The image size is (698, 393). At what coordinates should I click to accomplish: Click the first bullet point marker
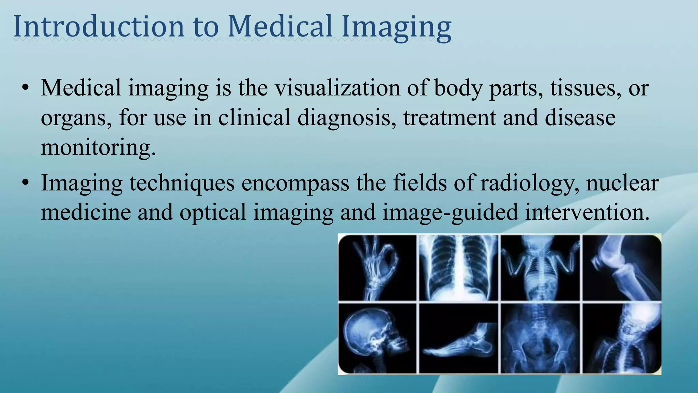(25, 88)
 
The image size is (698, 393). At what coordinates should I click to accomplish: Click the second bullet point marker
(25, 183)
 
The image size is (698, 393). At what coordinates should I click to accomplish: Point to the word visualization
(337, 88)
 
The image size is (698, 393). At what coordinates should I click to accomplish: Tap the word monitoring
(98, 147)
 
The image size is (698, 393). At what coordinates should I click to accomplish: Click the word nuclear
(622, 183)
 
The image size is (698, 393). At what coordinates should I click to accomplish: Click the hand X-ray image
(377, 268)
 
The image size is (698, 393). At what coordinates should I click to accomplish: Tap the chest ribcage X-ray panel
(458, 268)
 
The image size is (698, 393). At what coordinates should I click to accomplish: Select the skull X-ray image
(377, 339)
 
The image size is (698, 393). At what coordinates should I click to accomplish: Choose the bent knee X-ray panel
(622, 268)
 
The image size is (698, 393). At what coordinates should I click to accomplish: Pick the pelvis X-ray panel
(540, 339)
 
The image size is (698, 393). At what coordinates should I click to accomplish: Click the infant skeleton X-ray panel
(540, 268)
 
